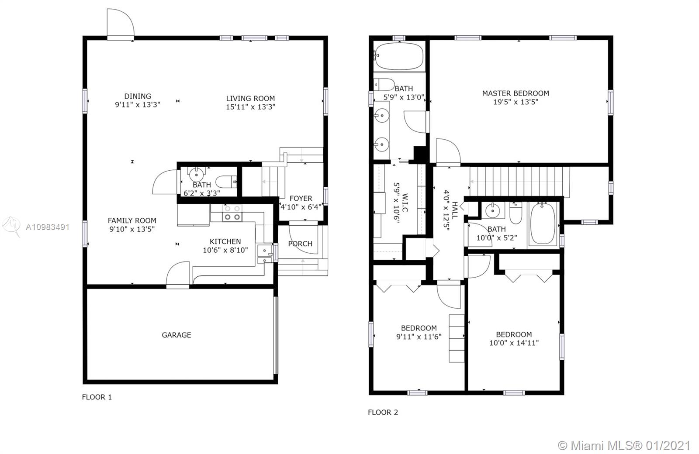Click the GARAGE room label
[x=176, y=335]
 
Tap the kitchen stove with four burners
[x=232, y=213]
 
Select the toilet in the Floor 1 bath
[x=226, y=181]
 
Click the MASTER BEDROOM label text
[x=516, y=93]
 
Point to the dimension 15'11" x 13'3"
[x=250, y=107]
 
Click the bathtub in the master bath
[x=399, y=56]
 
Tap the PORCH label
[x=300, y=244]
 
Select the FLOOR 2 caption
[x=383, y=412]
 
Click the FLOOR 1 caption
[x=97, y=397]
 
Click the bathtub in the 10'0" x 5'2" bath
[x=543, y=223]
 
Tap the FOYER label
[x=301, y=198]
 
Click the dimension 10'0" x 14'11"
[x=514, y=343]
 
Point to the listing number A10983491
[x=48, y=227]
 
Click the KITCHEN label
[x=225, y=241]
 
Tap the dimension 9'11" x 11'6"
[x=419, y=337]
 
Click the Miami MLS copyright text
[x=625, y=445]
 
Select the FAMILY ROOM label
[x=132, y=220]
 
